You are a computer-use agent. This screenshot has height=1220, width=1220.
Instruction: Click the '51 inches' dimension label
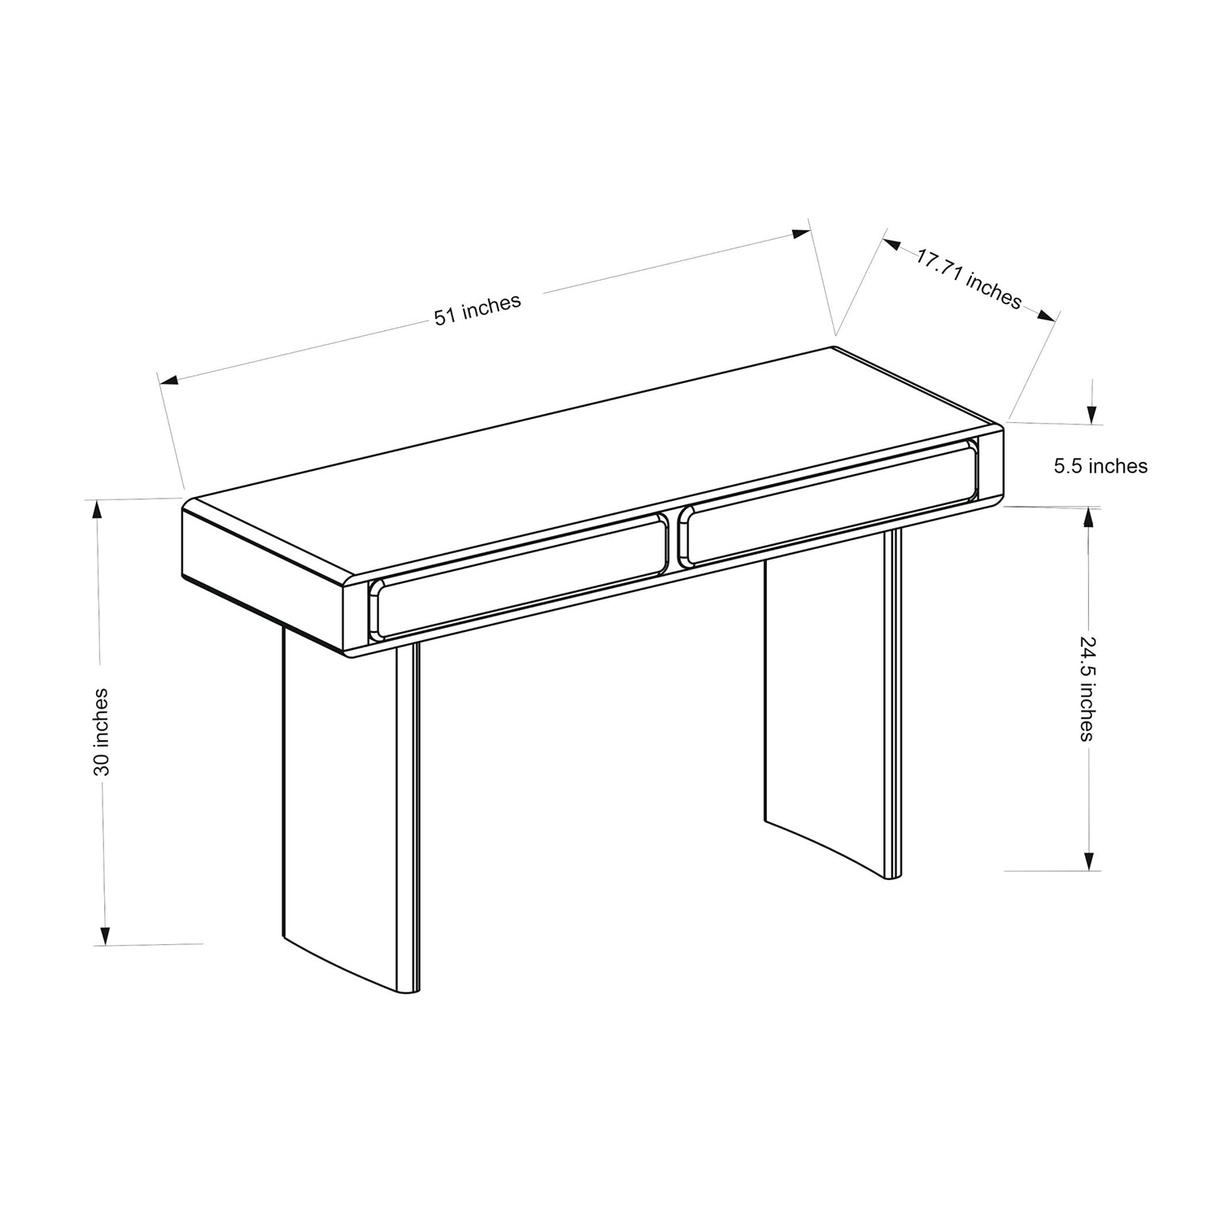(x=477, y=310)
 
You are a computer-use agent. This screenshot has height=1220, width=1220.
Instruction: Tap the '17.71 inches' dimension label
(x=969, y=279)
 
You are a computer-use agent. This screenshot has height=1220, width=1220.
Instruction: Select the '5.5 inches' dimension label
(x=1100, y=466)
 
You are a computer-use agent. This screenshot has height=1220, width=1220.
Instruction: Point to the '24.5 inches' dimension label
(x=1087, y=689)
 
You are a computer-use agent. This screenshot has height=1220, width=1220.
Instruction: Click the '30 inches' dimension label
(x=101, y=731)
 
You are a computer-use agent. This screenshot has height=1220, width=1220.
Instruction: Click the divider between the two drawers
(x=672, y=538)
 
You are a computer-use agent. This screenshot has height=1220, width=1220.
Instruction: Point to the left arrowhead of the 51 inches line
(x=168, y=380)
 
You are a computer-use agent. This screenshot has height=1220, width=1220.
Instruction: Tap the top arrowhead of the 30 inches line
(x=98, y=509)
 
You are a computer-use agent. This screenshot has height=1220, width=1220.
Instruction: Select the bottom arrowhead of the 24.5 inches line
(x=1089, y=860)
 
